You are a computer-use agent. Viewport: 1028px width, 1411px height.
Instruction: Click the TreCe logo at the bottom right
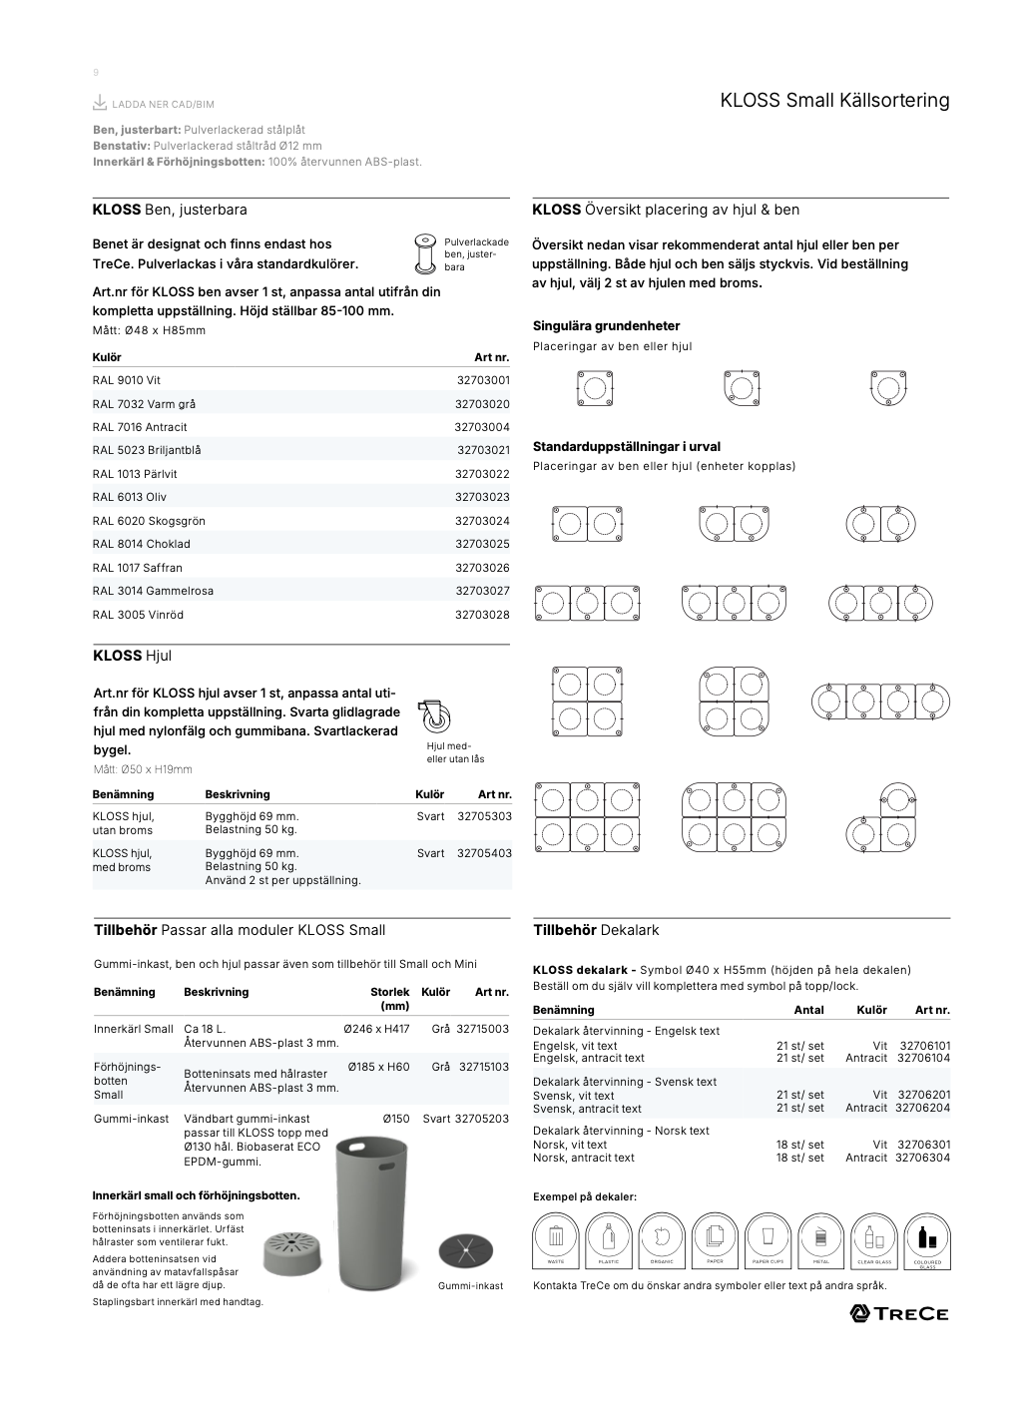click(x=898, y=1313)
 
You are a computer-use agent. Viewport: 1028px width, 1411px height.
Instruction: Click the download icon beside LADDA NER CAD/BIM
click(x=100, y=103)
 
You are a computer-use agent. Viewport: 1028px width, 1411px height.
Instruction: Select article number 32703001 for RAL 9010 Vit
click(x=482, y=380)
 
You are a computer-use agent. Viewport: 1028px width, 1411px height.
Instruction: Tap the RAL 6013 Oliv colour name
click(x=130, y=497)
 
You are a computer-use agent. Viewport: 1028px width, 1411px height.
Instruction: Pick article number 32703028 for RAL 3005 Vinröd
click(x=482, y=615)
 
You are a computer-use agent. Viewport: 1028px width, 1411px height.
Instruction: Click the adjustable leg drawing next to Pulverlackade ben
click(x=425, y=253)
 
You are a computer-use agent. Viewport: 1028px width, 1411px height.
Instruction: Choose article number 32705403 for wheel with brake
click(x=484, y=853)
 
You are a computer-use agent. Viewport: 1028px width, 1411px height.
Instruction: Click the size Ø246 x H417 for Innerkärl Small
click(x=376, y=1029)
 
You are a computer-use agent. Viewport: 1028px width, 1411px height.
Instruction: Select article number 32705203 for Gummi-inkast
click(x=482, y=1119)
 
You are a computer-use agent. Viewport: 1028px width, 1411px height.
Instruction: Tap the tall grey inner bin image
click(x=371, y=1213)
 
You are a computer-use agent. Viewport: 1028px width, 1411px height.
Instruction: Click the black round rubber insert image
click(x=465, y=1250)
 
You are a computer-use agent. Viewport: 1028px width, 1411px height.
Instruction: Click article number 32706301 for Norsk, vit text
click(x=924, y=1145)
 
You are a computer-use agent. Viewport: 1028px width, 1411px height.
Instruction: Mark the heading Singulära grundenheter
click(x=606, y=326)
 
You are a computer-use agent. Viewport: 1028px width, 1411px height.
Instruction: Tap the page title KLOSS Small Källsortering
click(x=834, y=101)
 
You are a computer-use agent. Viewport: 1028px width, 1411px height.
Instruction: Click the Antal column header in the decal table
click(x=808, y=1010)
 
